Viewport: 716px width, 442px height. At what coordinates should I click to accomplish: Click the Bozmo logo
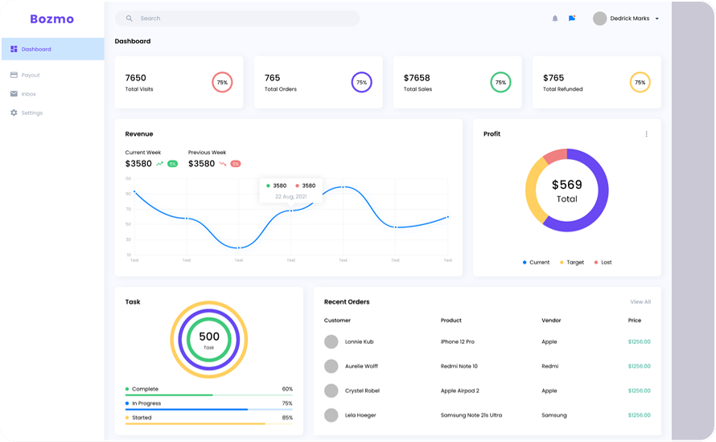click(51, 18)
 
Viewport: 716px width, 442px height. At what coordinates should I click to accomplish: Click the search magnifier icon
click(130, 18)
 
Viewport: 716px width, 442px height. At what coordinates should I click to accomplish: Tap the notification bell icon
click(554, 18)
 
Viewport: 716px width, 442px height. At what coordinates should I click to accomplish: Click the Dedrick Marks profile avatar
click(599, 18)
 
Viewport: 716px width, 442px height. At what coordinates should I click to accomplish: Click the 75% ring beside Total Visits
click(222, 82)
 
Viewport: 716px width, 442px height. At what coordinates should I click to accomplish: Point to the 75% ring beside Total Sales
click(500, 82)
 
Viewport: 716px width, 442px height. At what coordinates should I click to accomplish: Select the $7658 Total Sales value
click(417, 78)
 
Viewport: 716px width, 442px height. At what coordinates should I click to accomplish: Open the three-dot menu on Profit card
click(646, 134)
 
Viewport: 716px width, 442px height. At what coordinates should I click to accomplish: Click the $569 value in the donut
click(567, 185)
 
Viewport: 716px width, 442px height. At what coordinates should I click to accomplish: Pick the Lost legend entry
click(603, 263)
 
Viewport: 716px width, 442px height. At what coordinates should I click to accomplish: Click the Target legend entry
click(572, 263)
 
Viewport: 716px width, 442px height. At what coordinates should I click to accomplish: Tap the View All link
click(640, 302)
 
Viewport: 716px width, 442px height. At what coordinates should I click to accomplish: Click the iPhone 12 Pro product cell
click(457, 342)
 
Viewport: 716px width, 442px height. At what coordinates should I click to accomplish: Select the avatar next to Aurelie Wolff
click(331, 366)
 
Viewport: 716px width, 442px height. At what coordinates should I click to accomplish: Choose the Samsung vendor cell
click(553, 415)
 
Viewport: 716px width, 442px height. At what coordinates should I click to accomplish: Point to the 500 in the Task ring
click(209, 337)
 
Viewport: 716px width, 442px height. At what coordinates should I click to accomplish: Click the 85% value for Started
click(287, 418)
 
